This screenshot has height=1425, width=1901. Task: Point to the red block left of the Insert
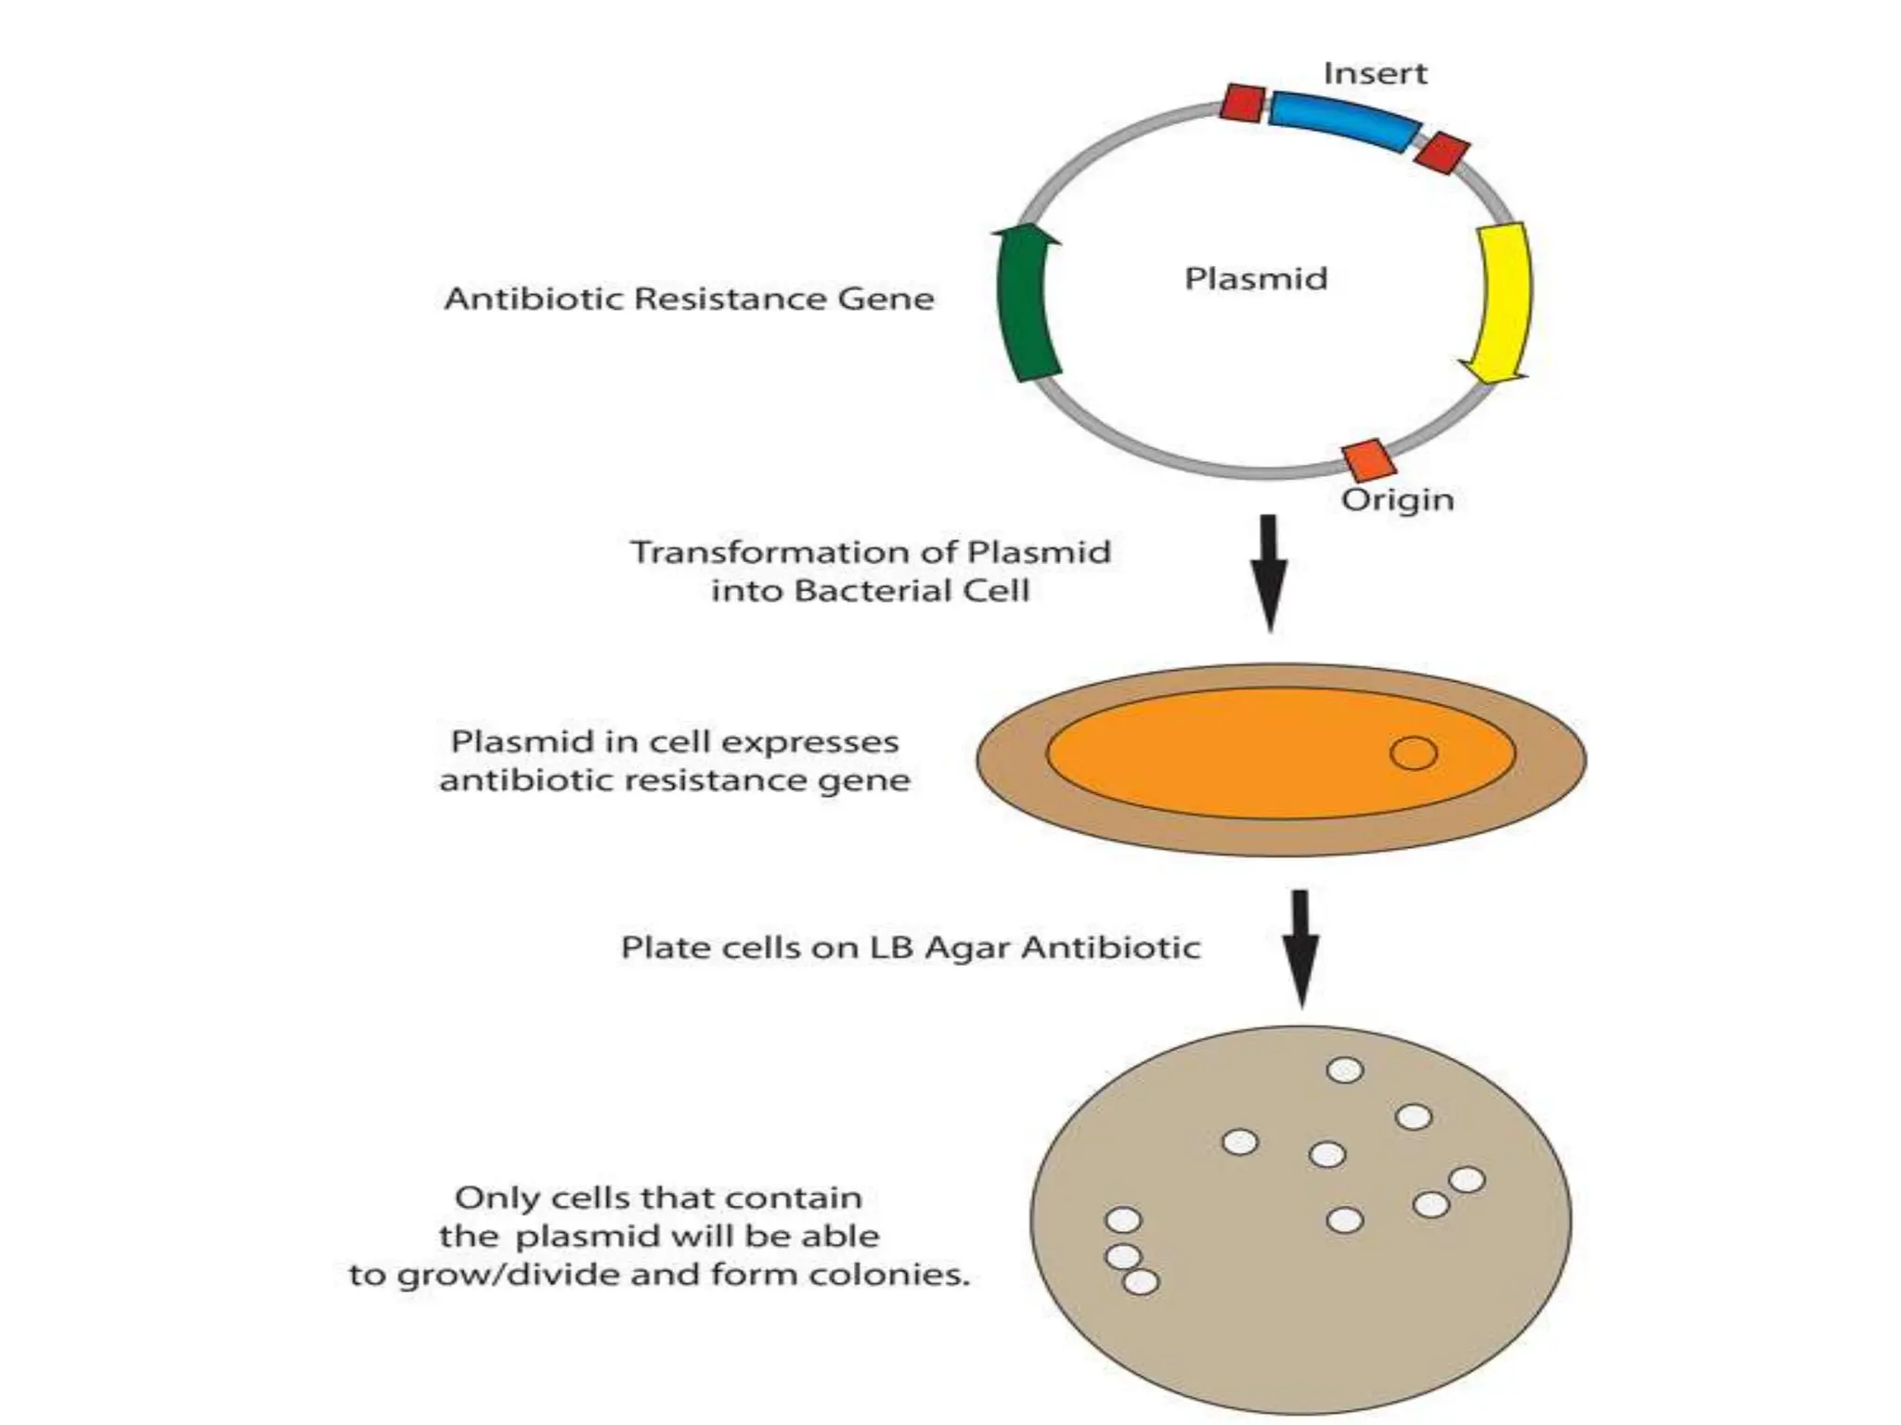click(x=1242, y=102)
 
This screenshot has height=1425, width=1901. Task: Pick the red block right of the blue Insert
click(x=1441, y=153)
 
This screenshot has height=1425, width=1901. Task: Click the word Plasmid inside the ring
click(x=1256, y=278)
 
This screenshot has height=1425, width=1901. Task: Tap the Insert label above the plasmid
click(x=1375, y=73)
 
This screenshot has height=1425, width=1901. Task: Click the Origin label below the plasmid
click(x=1397, y=500)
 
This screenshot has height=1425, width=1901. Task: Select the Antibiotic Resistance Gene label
click(x=689, y=299)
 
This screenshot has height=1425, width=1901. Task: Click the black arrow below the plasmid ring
click(x=1270, y=571)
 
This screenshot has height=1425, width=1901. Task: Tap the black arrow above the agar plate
click(x=1300, y=946)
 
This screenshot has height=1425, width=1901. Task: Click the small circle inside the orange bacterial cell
click(x=1413, y=752)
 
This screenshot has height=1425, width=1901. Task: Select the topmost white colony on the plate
click(x=1345, y=1070)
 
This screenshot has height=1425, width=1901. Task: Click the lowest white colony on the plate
click(x=1141, y=1281)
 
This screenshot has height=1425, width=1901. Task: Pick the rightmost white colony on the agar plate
click(x=1467, y=1180)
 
